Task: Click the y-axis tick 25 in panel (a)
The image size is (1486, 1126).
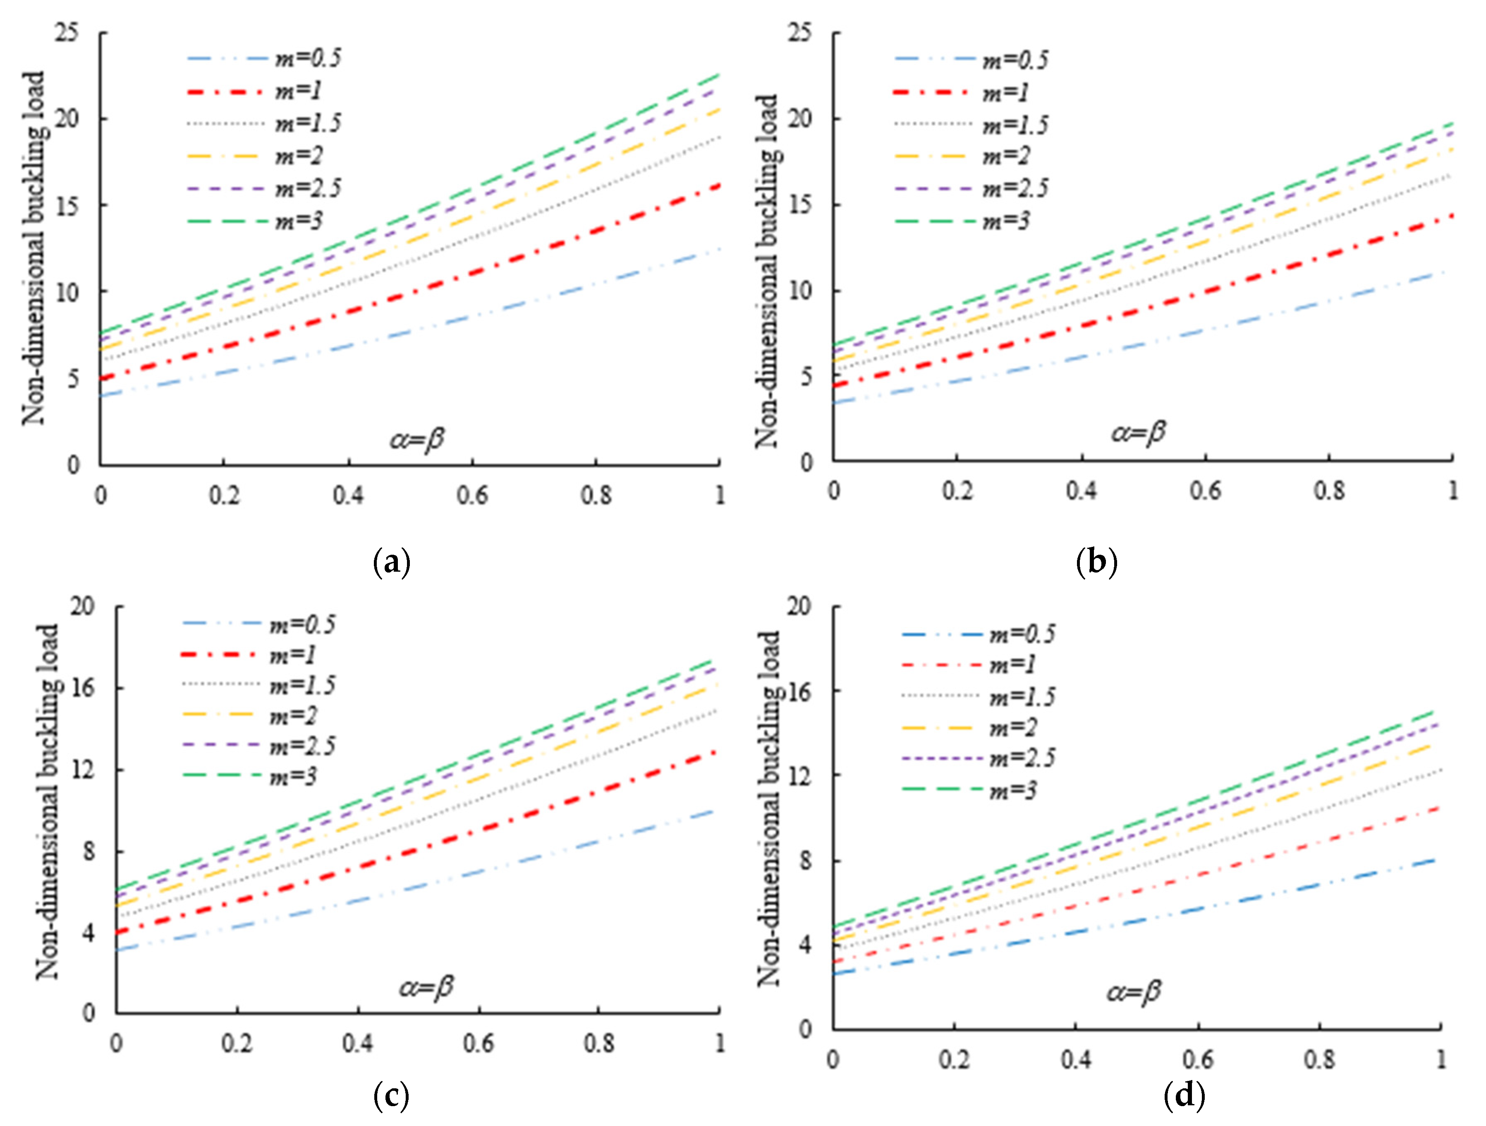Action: [67, 32]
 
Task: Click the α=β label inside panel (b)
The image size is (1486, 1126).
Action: [1138, 432]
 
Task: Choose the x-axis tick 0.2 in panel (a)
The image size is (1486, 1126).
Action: [224, 496]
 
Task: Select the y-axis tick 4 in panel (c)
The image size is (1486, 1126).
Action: [88, 933]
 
